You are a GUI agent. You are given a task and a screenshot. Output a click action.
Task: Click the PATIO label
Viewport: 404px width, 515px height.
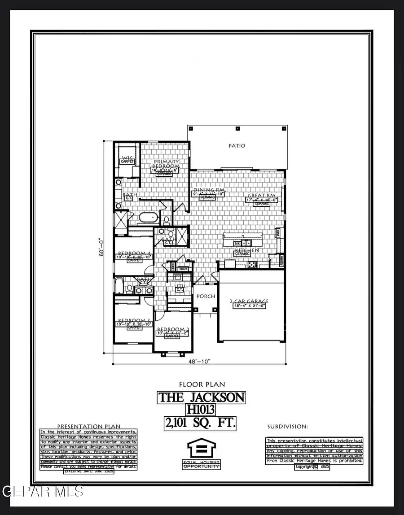[237, 146]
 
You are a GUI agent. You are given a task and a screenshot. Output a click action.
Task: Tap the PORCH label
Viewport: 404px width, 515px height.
[206, 296]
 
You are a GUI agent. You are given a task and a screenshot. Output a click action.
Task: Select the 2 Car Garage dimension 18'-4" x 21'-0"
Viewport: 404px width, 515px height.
[250, 306]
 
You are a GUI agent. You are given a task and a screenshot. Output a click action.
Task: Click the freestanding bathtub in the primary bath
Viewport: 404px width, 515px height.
[148, 218]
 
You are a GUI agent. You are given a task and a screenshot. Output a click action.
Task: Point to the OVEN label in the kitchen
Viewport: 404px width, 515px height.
[278, 233]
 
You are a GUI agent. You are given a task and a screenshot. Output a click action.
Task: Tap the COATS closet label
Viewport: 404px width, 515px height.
[183, 269]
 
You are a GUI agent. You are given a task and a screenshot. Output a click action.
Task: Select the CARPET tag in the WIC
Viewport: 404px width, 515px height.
[127, 161]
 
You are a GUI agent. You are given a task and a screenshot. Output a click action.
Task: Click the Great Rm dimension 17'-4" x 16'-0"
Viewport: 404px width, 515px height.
[262, 200]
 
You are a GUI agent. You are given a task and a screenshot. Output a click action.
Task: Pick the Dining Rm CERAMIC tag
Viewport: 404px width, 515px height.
[207, 197]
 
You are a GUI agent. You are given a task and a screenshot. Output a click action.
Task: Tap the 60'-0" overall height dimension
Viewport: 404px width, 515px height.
[103, 247]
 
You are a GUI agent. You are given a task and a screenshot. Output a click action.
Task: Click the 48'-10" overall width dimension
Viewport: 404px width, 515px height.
[199, 361]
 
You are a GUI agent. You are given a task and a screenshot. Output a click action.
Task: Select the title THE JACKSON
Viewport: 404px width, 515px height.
[202, 397]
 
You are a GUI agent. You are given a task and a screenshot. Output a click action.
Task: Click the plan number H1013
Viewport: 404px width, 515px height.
[202, 410]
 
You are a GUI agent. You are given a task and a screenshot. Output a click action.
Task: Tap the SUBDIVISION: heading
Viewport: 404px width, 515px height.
[288, 426]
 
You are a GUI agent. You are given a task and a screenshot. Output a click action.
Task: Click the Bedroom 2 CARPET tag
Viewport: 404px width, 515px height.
[172, 336]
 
